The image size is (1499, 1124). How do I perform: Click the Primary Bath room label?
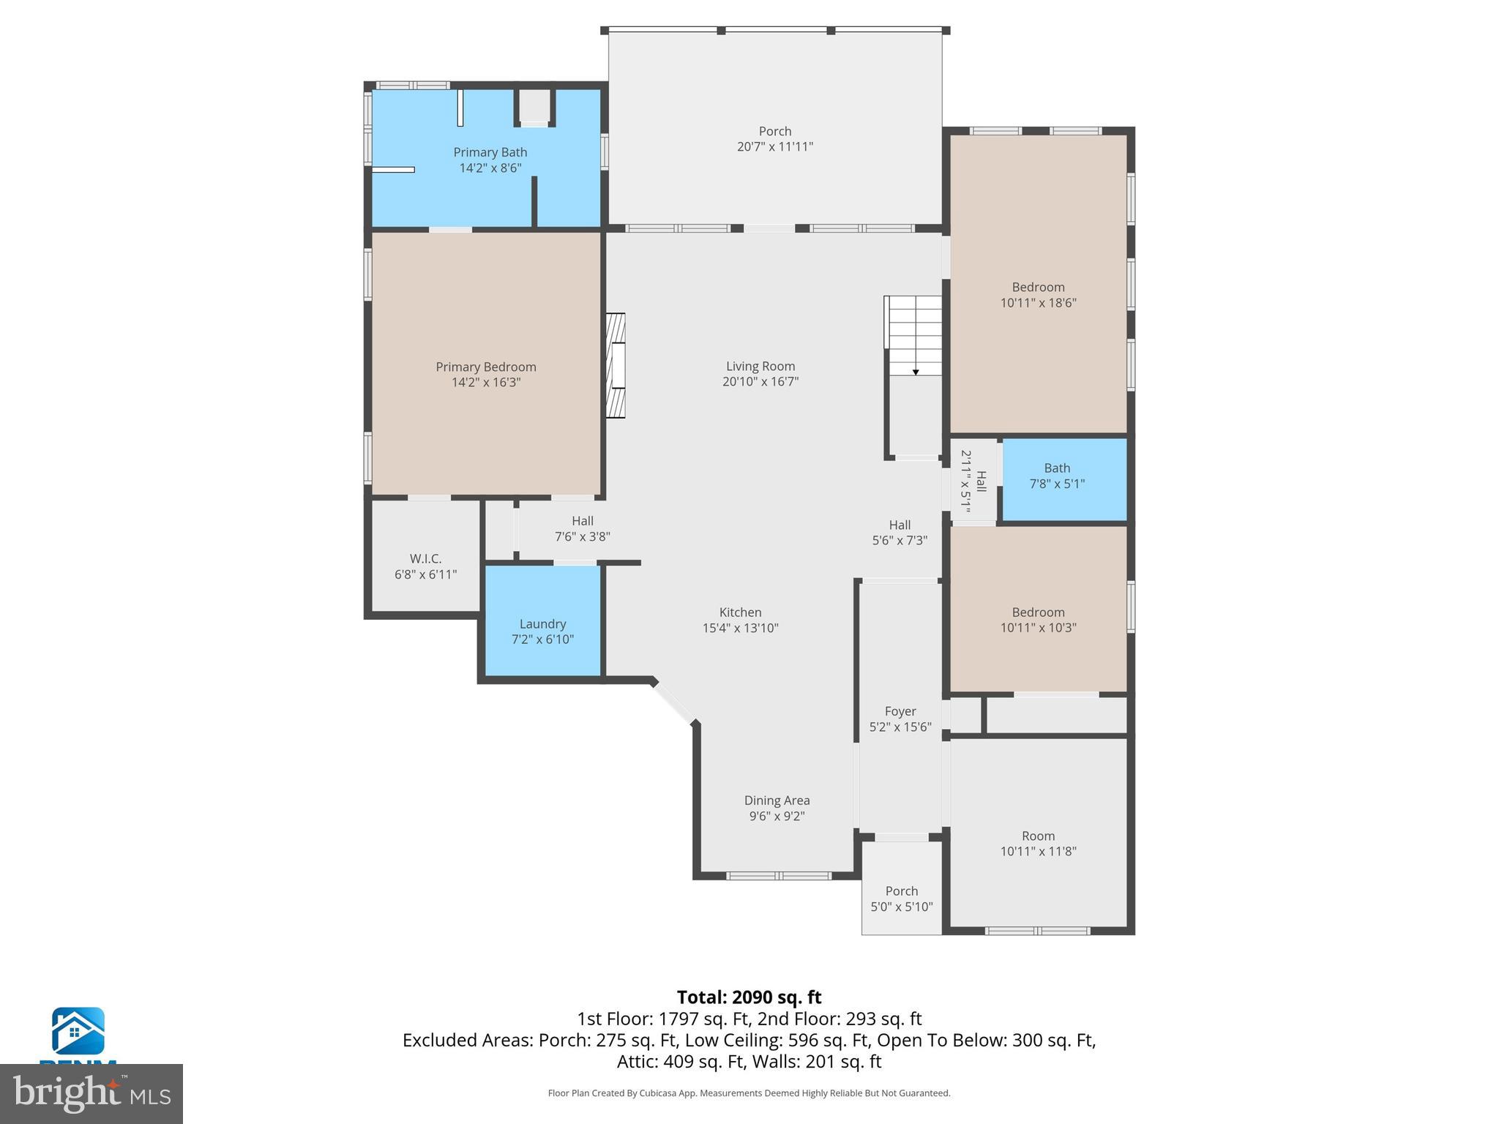pyautogui.click(x=490, y=152)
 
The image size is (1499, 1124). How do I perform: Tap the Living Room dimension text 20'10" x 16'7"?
pyautogui.click(x=760, y=381)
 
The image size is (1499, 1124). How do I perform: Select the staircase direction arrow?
pyautogui.click(x=915, y=372)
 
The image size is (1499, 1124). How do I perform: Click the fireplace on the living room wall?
pyautogui.click(x=616, y=365)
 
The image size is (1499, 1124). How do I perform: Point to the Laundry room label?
pyautogui.click(x=542, y=624)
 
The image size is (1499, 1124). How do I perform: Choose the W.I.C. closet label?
pyautogui.click(x=425, y=559)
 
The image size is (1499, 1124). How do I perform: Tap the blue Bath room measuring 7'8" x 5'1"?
pyautogui.click(x=1063, y=479)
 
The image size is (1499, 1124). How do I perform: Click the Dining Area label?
pyautogui.click(x=777, y=801)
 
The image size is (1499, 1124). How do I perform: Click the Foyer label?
pyautogui.click(x=900, y=711)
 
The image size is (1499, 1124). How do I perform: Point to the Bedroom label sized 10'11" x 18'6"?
pyautogui.click(x=1038, y=288)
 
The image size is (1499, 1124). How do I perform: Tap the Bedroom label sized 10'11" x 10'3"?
pyautogui.click(x=1038, y=612)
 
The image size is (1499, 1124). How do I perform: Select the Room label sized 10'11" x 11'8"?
pyautogui.click(x=1038, y=836)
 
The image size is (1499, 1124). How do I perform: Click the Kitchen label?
pyautogui.click(x=740, y=612)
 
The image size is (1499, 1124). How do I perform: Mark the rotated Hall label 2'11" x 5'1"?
pyautogui.click(x=973, y=481)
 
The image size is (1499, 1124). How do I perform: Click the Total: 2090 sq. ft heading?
pyautogui.click(x=749, y=997)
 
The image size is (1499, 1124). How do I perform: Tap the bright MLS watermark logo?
pyautogui.click(x=91, y=1093)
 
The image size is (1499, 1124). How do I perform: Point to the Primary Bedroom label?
pyautogui.click(x=486, y=367)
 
